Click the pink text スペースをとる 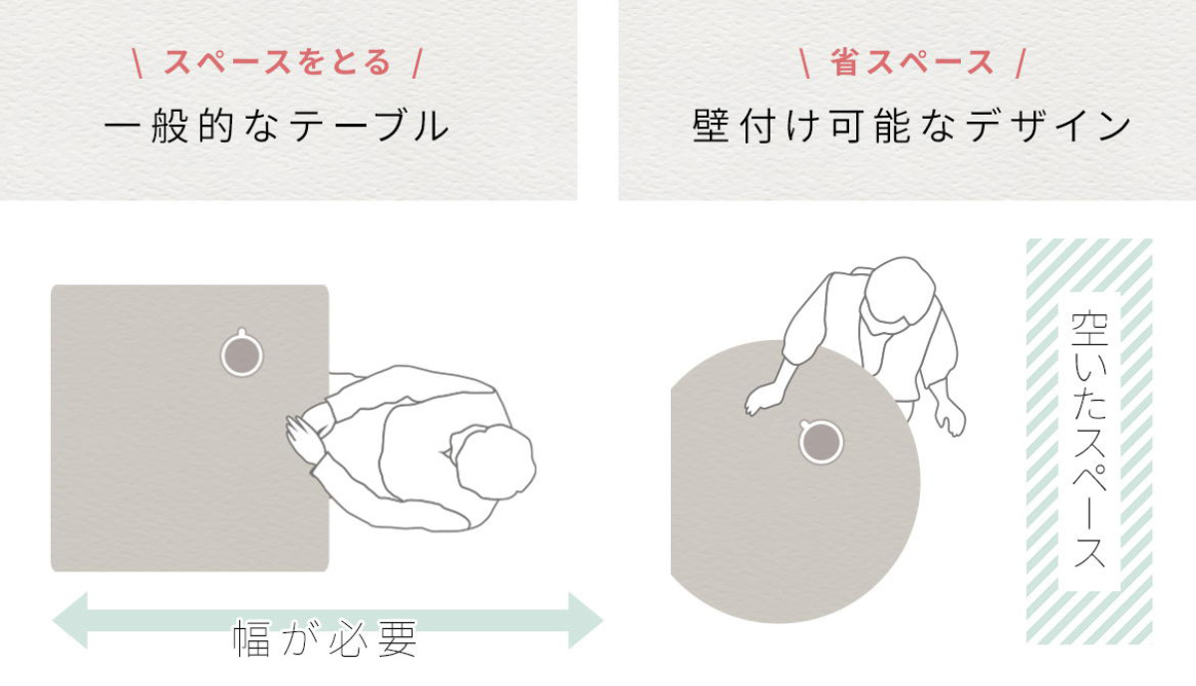[x=277, y=63]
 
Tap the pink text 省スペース [x=912, y=63]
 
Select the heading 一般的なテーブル [x=276, y=126]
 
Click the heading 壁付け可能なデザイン [x=911, y=126]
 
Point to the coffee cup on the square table [x=242, y=353]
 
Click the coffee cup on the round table [x=820, y=442]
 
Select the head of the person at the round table [x=900, y=290]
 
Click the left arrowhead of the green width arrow [x=70, y=620]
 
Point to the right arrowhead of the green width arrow [x=586, y=620]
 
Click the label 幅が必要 [x=325, y=638]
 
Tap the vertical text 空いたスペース [x=1089, y=440]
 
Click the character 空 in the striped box [x=1089, y=329]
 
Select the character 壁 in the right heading [x=711, y=126]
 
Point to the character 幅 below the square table [x=251, y=638]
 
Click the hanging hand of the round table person [x=950, y=417]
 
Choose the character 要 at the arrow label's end [x=398, y=638]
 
